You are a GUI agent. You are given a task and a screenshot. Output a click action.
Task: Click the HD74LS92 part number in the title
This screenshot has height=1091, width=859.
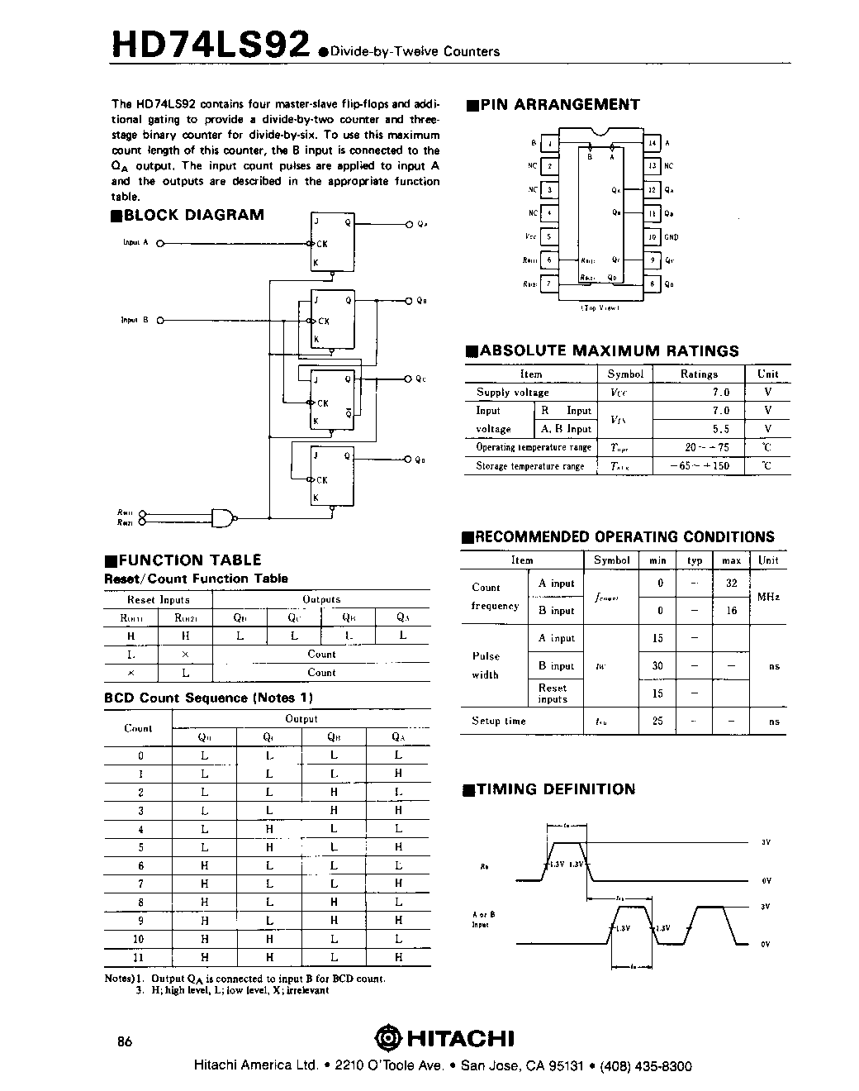(211, 45)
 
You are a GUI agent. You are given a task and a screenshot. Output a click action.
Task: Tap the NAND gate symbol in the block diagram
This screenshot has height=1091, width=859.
(222, 518)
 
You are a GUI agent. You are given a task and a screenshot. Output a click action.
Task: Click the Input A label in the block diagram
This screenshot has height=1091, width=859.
(135, 243)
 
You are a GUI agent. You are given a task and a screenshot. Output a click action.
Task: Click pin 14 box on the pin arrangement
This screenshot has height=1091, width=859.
(653, 143)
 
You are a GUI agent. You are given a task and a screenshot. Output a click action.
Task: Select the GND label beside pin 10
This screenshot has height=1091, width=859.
(671, 237)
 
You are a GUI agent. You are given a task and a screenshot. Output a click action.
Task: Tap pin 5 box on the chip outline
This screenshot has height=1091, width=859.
(549, 237)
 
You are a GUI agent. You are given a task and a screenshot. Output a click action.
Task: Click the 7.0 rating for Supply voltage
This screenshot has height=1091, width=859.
(720, 393)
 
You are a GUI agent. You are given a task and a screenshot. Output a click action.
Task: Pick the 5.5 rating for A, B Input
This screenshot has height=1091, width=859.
(720, 429)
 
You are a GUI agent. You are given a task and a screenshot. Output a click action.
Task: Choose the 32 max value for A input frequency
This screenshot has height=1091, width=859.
(731, 583)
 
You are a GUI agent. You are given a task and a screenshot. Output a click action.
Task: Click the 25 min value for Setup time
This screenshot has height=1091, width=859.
(657, 721)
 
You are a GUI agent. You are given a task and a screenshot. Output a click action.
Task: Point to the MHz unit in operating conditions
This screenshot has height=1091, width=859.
(768, 597)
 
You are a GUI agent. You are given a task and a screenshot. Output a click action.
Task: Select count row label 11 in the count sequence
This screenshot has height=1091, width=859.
(138, 957)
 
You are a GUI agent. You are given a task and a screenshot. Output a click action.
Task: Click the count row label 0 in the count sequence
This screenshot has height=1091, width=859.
(140, 755)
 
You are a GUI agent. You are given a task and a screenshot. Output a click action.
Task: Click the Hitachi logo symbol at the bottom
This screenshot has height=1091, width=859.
(387, 1037)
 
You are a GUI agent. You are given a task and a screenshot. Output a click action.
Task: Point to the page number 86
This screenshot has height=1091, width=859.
(125, 1041)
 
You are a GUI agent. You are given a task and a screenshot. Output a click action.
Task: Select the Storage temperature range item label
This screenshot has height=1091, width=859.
(529, 466)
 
